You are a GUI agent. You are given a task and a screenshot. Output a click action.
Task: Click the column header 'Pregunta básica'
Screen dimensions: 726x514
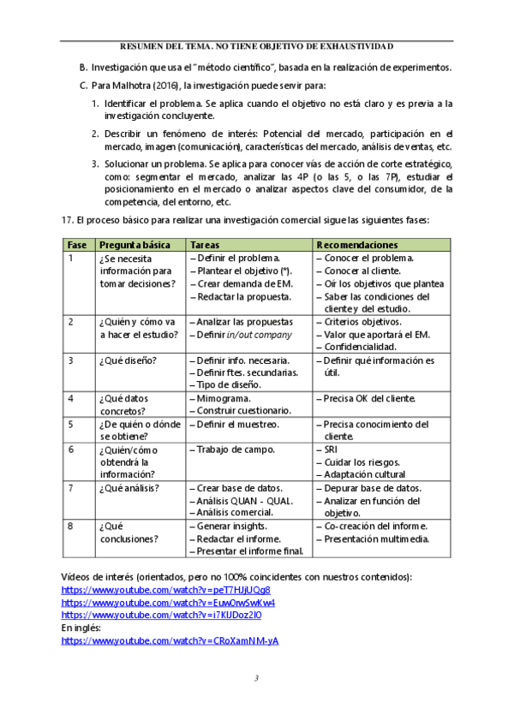click(x=133, y=244)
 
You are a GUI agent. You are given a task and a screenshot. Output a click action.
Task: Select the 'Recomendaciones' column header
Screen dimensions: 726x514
click(x=356, y=244)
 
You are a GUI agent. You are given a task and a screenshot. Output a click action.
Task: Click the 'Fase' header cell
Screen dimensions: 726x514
click(x=76, y=244)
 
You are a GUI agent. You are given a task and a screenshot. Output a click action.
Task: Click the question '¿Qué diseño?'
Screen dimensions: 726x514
click(x=128, y=360)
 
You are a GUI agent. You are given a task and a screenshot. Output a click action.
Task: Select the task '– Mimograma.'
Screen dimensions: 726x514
click(x=219, y=399)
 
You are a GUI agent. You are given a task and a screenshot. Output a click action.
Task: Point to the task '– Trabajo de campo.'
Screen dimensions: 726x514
click(x=230, y=449)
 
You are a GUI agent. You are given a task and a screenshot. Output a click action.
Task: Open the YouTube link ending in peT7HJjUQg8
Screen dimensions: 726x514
click(x=166, y=590)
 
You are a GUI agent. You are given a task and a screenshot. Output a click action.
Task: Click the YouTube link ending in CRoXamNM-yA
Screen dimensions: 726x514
click(x=170, y=640)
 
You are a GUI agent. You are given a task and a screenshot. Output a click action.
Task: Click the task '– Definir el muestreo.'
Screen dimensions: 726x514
click(x=234, y=424)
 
